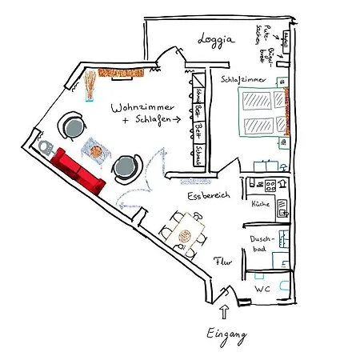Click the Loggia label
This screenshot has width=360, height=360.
[217, 39]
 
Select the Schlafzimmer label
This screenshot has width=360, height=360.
[245, 79]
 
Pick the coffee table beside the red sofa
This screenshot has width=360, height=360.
[95, 148]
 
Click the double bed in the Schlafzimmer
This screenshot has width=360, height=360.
[260, 113]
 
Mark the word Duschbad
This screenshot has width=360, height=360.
[262, 244]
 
